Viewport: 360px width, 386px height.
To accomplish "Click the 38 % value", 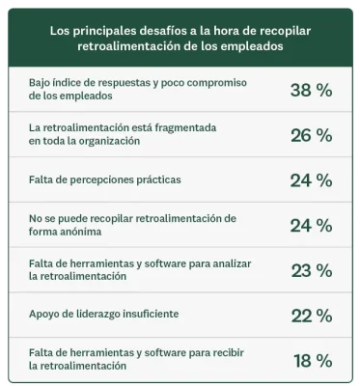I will (311, 90).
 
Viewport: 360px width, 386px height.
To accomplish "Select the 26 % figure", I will (311, 134).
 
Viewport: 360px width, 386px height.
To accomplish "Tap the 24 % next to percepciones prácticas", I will (311, 179).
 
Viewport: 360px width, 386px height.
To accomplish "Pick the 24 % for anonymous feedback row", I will (311, 225).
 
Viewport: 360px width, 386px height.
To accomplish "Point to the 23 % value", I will (311, 270).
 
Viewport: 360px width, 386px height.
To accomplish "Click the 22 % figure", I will (311, 315).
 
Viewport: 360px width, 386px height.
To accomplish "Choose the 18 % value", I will (312, 360).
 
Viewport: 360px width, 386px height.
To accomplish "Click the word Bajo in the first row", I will (42, 83).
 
